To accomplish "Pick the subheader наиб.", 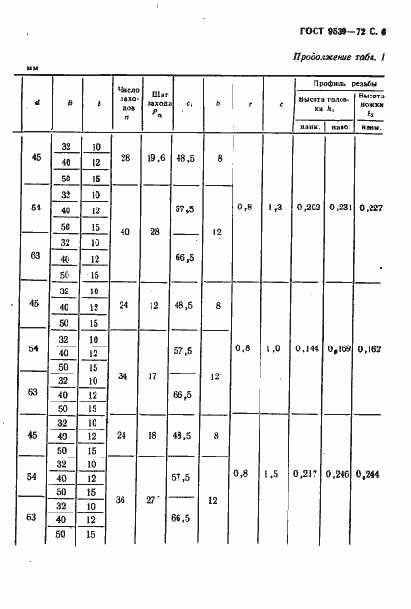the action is [339, 126].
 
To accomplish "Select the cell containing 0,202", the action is [310, 207].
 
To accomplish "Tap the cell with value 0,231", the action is [339, 207].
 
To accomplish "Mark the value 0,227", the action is [371, 207].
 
